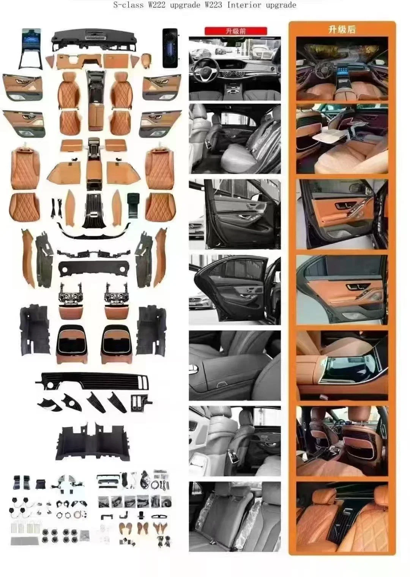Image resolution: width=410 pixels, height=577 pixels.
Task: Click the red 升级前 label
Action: tap(235, 31)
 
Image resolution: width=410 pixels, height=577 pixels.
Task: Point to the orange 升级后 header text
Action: tap(342, 29)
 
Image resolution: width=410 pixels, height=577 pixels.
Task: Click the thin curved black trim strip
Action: tap(93, 230)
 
